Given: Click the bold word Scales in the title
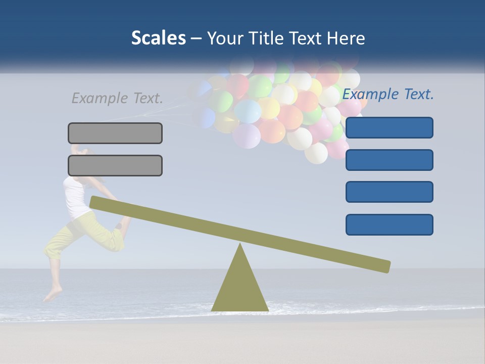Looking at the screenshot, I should [158, 38].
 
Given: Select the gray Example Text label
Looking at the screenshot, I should [117, 98].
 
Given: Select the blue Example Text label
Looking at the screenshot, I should [388, 94].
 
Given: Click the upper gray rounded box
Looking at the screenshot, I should [115, 133].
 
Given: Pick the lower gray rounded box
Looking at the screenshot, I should [115, 165].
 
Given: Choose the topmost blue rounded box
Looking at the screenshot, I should [390, 127].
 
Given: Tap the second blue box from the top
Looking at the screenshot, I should [390, 160].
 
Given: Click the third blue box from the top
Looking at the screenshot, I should [390, 192].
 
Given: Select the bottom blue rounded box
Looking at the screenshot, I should [390, 224].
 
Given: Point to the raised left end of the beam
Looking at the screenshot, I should [96, 202].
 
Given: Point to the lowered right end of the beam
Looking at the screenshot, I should [384, 266].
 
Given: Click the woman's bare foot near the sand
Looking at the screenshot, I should [52, 295].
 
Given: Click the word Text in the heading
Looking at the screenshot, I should [304, 38].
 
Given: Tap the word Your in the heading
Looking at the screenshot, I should [224, 38].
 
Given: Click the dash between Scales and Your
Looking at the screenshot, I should [197, 38].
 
